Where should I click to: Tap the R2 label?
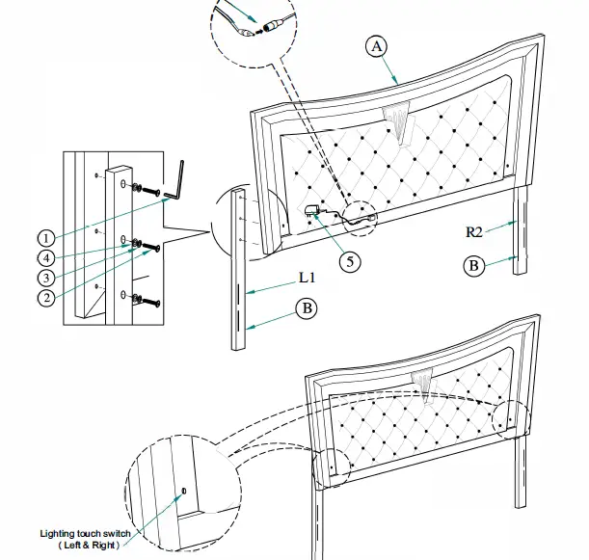tap(472, 231)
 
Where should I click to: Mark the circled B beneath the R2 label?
tap(472, 265)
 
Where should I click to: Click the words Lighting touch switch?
tap(85, 532)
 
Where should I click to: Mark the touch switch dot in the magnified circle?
tap(183, 492)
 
